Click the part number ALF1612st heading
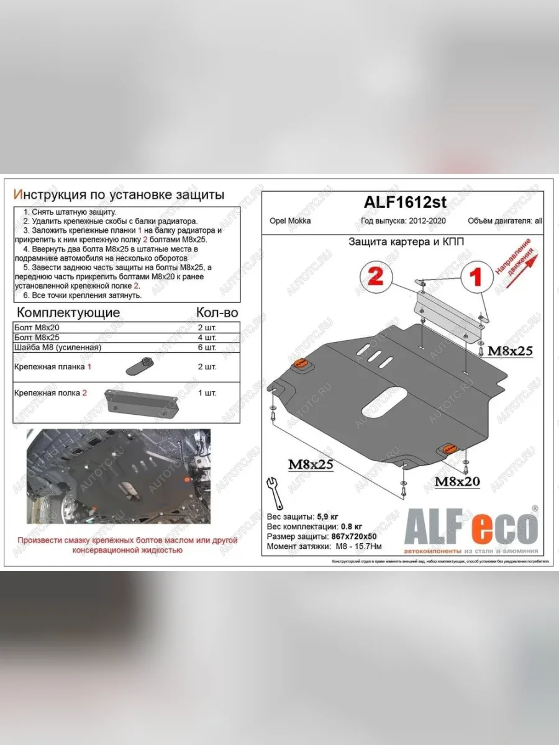(406, 203)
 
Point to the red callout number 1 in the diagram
(477, 277)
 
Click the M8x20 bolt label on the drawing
(457, 481)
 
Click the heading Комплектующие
(68, 312)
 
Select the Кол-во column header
(217, 312)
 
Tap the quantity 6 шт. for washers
(206, 347)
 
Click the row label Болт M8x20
(39, 327)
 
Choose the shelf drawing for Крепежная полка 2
(142, 400)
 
